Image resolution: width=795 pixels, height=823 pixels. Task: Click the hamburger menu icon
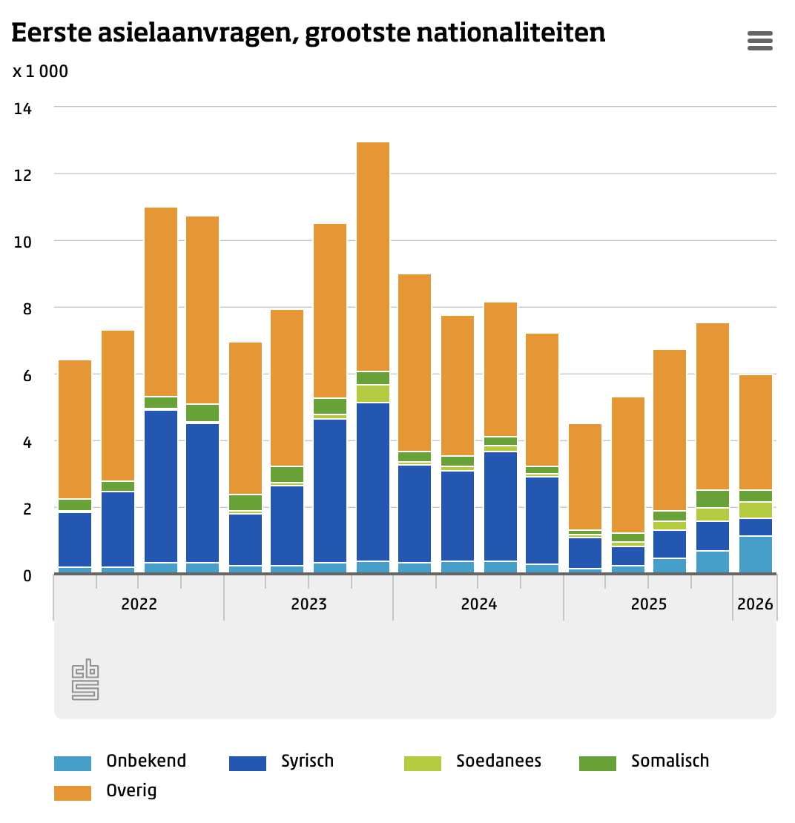tap(760, 41)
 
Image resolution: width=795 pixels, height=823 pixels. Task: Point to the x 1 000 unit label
tap(40, 72)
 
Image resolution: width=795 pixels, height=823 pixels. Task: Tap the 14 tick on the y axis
tap(23, 108)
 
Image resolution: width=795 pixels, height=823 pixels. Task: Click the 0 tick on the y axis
tap(27, 575)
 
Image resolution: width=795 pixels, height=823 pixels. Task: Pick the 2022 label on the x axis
tap(139, 604)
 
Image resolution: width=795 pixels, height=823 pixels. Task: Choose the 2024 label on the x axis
tap(479, 604)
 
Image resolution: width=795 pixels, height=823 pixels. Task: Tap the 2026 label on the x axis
tap(755, 604)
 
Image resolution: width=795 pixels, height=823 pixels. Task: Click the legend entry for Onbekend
tap(146, 761)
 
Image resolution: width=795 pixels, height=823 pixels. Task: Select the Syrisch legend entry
tap(307, 761)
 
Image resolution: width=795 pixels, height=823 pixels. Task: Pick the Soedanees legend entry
tap(498, 761)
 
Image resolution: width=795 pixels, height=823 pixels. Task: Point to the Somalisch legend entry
tap(670, 761)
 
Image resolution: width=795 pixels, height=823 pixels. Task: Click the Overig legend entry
tap(131, 790)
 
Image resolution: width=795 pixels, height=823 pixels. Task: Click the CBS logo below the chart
tap(85, 679)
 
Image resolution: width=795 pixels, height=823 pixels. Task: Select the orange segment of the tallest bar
tap(373, 256)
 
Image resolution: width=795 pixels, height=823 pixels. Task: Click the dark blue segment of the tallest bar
tap(373, 482)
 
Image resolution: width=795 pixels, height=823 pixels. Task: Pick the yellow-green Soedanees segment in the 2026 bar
tap(756, 510)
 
